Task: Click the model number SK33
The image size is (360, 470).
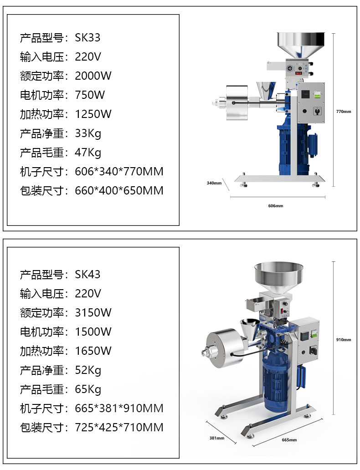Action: pyautogui.click(x=87, y=37)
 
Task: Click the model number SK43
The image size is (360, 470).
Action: pyautogui.click(x=87, y=274)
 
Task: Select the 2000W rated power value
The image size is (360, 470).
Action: pyautogui.click(x=93, y=76)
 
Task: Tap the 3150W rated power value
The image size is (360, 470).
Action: pyautogui.click(x=93, y=312)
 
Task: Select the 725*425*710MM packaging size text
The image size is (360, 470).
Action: pyautogui.click(x=119, y=427)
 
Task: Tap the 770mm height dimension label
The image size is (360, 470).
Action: pyautogui.click(x=344, y=112)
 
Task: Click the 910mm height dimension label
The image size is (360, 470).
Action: pyautogui.click(x=344, y=340)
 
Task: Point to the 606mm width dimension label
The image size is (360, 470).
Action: pyautogui.click(x=276, y=206)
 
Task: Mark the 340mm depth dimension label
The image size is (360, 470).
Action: pyautogui.click(x=214, y=183)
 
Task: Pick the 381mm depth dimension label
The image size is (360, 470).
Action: pyautogui.click(x=217, y=438)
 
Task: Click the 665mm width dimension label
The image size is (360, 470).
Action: pyautogui.click(x=289, y=440)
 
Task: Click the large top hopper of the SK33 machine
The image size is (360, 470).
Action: pyautogui.click(x=301, y=44)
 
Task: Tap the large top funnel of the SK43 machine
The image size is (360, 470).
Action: pyautogui.click(x=279, y=276)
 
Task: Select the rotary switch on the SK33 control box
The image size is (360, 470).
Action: pyautogui.click(x=317, y=111)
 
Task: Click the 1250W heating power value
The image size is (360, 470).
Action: pyautogui.click(x=93, y=114)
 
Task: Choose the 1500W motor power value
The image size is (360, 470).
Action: pyautogui.click(x=93, y=332)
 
